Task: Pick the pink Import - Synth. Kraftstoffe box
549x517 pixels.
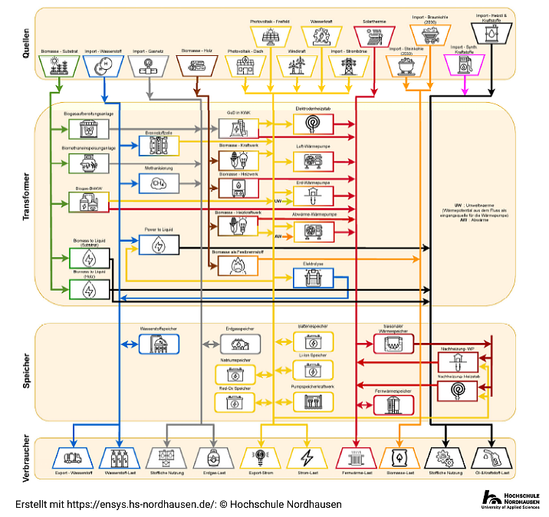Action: click(x=463, y=66)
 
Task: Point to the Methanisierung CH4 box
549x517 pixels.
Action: click(x=159, y=183)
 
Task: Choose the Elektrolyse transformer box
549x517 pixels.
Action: click(x=314, y=278)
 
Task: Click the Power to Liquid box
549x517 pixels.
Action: click(x=159, y=245)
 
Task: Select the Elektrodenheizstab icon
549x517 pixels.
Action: click(x=314, y=123)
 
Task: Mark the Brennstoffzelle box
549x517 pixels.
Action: click(x=159, y=143)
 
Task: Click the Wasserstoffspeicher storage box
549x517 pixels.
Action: click(x=159, y=344)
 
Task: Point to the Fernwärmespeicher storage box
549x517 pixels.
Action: click(x=393, y=405)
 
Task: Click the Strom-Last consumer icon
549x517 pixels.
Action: click(x=307, y=458)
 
